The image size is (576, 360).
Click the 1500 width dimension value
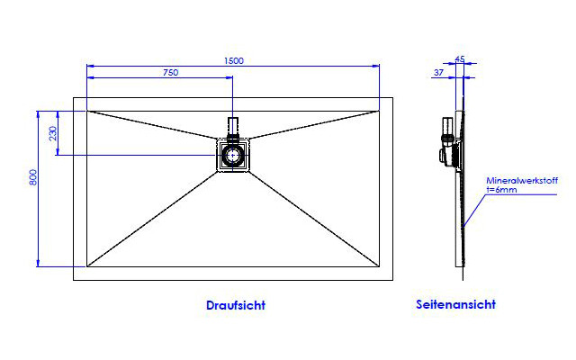click(x=234, y=60)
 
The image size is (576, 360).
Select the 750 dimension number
click(x=170, y=72)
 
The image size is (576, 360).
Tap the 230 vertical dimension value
click(x=53, y=133)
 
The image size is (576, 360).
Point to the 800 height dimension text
click(x=33, y=177)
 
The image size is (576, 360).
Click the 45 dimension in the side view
click(x=460, y=58)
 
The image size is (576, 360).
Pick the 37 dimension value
click(x=438, y=73)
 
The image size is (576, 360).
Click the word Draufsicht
click(x=236, y=305)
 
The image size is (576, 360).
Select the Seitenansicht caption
click(x=455, y=304)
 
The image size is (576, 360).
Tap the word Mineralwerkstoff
click(x=522, y=180)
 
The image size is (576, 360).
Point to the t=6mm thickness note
click(x=501, y=190)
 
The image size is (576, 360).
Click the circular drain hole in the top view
click(x=232, y=156)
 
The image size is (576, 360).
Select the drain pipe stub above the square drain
click(x=233, y=127)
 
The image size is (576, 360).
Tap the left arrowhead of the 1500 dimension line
click(x=90, y=66)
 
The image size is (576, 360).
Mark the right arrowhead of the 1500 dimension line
click(x=375, y=66)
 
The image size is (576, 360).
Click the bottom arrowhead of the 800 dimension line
click(x=38, y=263)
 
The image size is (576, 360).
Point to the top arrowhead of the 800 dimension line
click(x=38, y=114)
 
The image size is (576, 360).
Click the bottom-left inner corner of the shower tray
click(x=87, y=266)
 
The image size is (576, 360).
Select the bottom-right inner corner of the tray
click(x=380, y=266)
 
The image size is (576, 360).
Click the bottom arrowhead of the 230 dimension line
click(x=58, y=151)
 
